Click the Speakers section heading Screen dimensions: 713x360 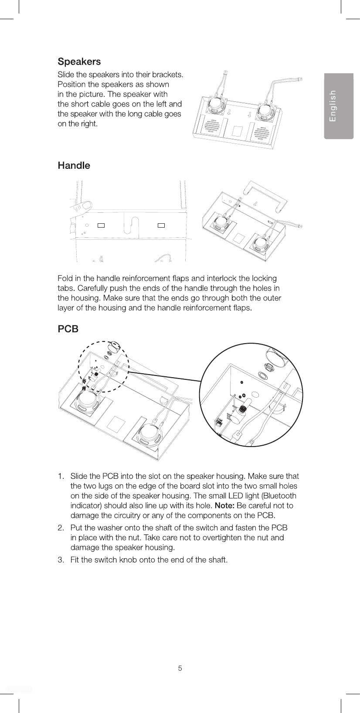click(x=79, y=61)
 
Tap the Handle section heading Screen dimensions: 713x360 click(x=74, y=166)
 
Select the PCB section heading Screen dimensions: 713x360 click(x=68, y=329)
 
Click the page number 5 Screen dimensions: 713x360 click(x=180, y=668)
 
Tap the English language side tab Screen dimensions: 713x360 click(x=338, y=106)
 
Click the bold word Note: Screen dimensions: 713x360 click(x=224, y=505)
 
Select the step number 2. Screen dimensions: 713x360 click(x=61, y=528)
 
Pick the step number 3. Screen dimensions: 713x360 click(x=61, y=559)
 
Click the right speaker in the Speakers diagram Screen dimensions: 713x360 click(x=266, y=111)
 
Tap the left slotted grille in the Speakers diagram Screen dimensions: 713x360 click(x=212, y=126)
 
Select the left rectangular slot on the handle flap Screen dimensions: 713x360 click(x=101, y=225)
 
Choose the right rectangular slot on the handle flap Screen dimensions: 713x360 click(x=161, y=225)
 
